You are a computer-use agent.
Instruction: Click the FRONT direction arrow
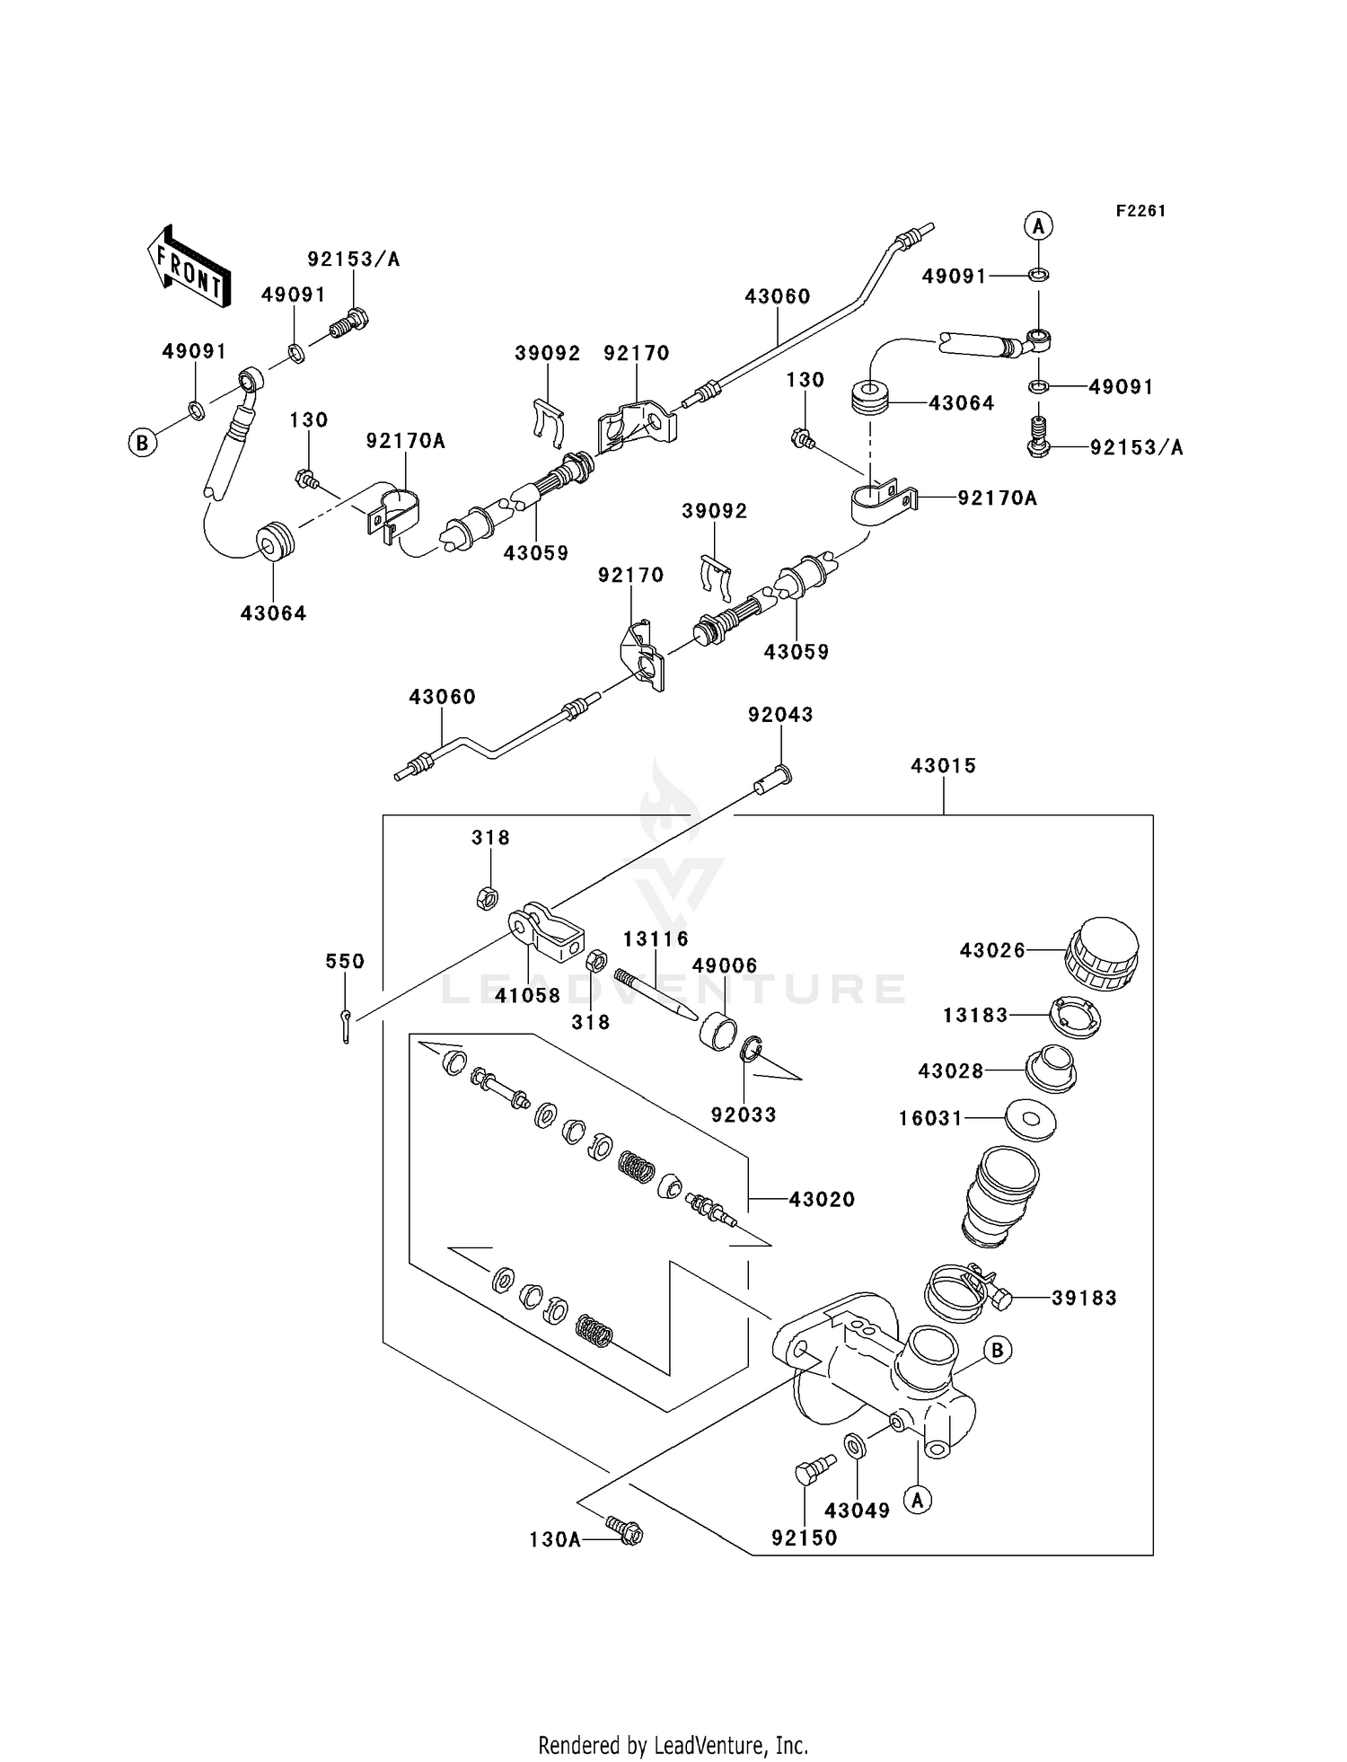(189, 267)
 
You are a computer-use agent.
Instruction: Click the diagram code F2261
(1140, 211)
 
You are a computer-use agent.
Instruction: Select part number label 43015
(943, 766)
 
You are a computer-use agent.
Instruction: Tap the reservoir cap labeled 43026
(1102, 953)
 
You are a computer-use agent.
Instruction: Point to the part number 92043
(780, 715)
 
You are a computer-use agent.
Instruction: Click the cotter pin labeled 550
(347, 1024)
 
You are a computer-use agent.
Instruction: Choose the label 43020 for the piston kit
(822, 1199)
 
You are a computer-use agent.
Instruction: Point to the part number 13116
(656, 939)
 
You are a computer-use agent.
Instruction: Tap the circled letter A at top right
(1039, 225)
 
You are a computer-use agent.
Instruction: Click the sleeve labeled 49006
(718, 1027)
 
